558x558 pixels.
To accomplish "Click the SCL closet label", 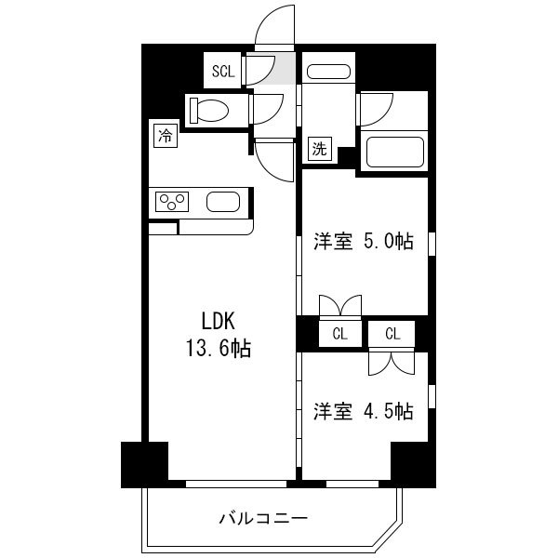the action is [x=223, y=72].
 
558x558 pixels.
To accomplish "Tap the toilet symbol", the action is [x=209, y=111].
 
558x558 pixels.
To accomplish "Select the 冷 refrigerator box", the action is [x=166, y=136].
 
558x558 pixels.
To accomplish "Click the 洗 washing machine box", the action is [x=320, y=149].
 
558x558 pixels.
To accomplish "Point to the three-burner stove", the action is [x=172, y=202].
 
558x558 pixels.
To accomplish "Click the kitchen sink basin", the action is [x=223, y=202].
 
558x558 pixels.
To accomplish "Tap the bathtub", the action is [x=394, y=152].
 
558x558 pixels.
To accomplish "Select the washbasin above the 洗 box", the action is [x=328, y=72].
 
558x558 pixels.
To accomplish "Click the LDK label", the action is [x=219, y=321].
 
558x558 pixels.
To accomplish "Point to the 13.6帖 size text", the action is [x=219, y=348].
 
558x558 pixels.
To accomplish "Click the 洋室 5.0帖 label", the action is [x=364, y=242].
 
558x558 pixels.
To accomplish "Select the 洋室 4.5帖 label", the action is [x=364, y=411].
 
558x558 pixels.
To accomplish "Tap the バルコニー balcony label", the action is [x=263, y=519].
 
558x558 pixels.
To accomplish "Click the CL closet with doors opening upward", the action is [x=340, y=334].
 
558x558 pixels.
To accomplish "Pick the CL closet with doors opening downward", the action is [x=392, y=334].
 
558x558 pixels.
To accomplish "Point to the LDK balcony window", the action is [x=236, y=484].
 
